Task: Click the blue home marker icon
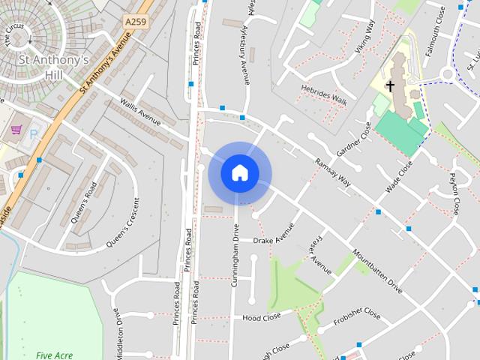coord(240,172)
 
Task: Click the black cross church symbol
coord(390,86)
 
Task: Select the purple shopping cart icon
coord(16,130)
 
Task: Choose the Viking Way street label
coord(364,37)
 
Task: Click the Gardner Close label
coord(354,139)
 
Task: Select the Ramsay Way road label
coord(333,173)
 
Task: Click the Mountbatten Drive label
coord(377,271)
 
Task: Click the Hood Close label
coord(262,317)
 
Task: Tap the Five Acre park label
coord(54,354)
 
